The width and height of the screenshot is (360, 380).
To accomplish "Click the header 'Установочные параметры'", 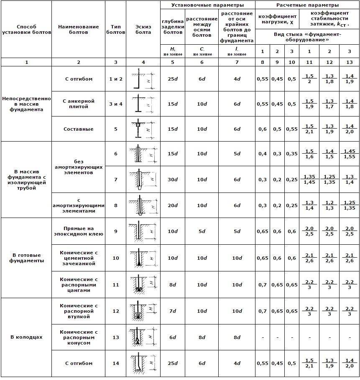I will pos(207,5).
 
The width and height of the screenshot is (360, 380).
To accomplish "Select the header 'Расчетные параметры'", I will pos(307,5).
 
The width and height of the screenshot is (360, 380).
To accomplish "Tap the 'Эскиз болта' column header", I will pos(143,29).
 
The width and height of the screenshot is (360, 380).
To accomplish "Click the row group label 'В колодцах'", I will pos(26,337).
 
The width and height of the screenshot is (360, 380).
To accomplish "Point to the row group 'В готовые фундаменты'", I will pos(26,258).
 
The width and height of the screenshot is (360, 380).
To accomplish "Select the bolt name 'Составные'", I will pos(79,129).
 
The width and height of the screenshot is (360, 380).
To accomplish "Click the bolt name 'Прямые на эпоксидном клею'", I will pos(79,231).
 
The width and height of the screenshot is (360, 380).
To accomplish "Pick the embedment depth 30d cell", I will pos(173,180).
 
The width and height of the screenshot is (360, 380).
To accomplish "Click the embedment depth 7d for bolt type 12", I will pos(173,311).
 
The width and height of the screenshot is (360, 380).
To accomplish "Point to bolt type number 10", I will pos(116,258).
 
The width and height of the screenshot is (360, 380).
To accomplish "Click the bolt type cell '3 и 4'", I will pos(116,104).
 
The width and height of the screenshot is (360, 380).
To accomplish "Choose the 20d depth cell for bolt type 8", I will pos(173,205).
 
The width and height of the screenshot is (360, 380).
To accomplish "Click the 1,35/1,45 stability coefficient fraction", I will pos(309,180).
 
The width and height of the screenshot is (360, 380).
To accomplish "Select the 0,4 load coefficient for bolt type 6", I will pos(263,154).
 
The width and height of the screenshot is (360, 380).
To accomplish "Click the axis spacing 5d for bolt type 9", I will pos(202,231).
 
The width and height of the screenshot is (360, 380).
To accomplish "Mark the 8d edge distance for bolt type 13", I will pos(237,337).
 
